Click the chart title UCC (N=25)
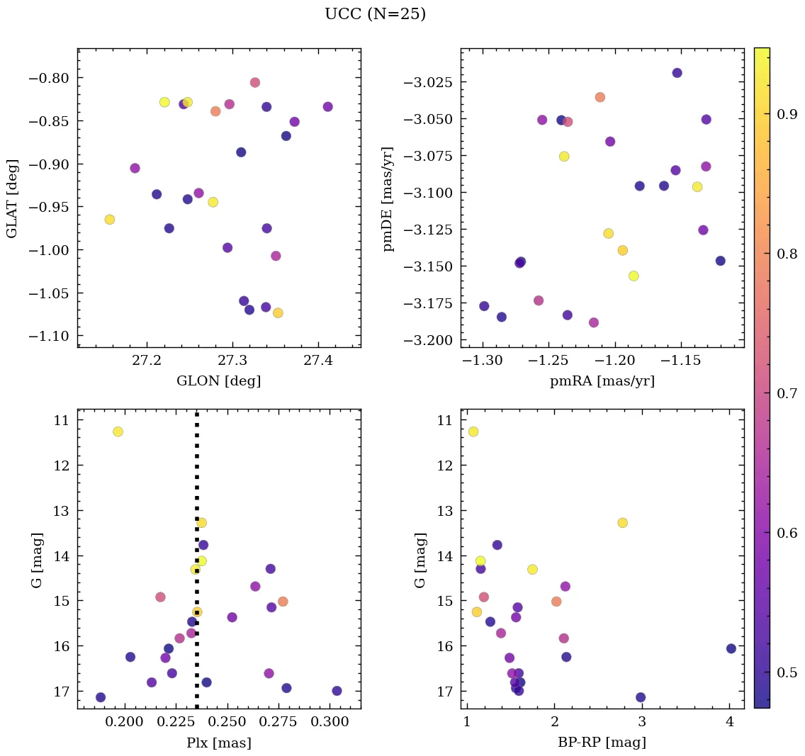click(x=375, y=14)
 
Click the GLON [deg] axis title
click(x=218, y=381)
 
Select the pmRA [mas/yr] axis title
click(x=602, y=381)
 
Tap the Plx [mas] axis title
click(x=218, y=743)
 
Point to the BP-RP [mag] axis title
click(x=602, y=743)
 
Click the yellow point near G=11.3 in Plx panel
click(x=118, y=431)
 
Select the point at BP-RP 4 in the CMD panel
click(x=731, y=648)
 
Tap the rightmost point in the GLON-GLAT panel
click(x=327, y=107)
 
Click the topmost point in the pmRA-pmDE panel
click(x=677, y=73)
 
